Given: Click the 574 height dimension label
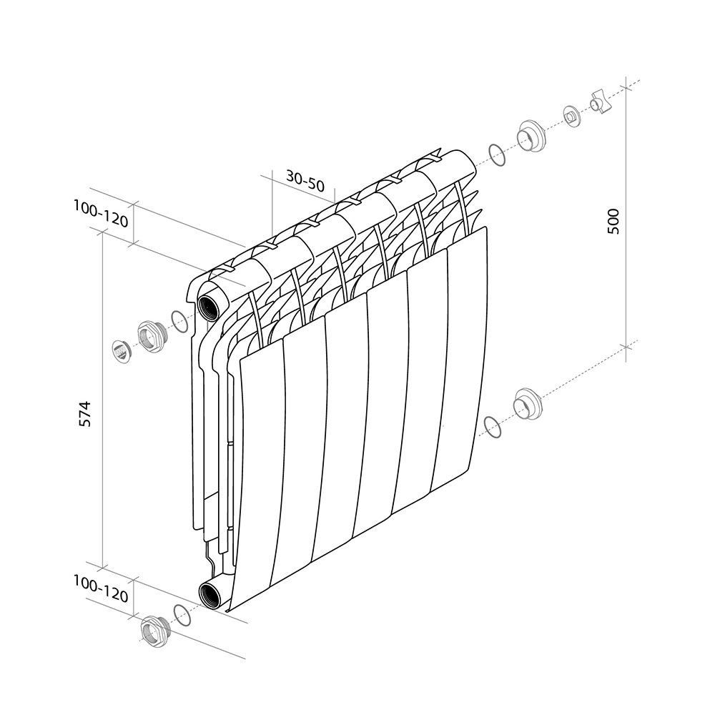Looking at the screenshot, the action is point(85,414).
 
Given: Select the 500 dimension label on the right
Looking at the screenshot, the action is point(613,221).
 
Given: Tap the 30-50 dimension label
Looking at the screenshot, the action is point(305,181).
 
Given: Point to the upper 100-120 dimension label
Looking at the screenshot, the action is point(101,213).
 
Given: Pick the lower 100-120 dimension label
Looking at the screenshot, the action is point(101,588).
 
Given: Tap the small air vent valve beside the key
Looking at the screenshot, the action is point(572,117).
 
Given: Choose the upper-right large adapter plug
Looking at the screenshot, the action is point(531,136).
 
